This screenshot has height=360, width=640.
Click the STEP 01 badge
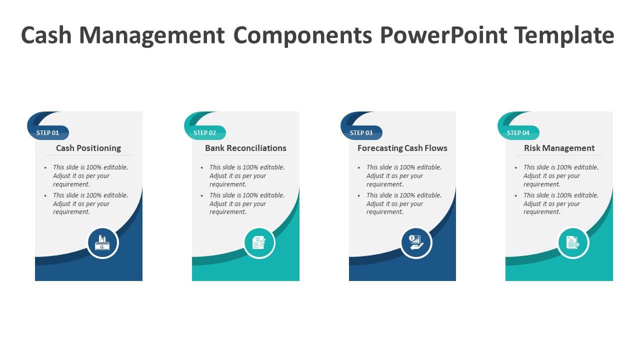48,133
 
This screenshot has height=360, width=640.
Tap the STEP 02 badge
205,133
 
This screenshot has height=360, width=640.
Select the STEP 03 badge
361,133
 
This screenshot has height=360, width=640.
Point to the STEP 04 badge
518,133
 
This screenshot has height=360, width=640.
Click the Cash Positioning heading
88,148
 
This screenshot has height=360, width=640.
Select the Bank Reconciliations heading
245,148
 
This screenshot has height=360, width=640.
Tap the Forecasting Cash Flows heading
402,148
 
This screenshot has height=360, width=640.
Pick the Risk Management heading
559,148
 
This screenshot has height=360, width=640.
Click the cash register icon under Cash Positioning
102,243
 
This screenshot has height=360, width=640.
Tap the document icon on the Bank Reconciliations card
259,243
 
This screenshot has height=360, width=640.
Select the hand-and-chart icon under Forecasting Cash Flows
416,243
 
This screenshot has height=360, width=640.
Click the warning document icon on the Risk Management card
573,243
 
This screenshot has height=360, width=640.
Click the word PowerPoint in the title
443,35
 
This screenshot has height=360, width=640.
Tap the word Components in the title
303,35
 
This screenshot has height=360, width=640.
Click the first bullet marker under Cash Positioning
45,168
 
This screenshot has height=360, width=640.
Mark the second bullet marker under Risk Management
516,196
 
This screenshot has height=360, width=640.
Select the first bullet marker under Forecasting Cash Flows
359,168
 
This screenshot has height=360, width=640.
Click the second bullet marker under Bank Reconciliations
202,196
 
